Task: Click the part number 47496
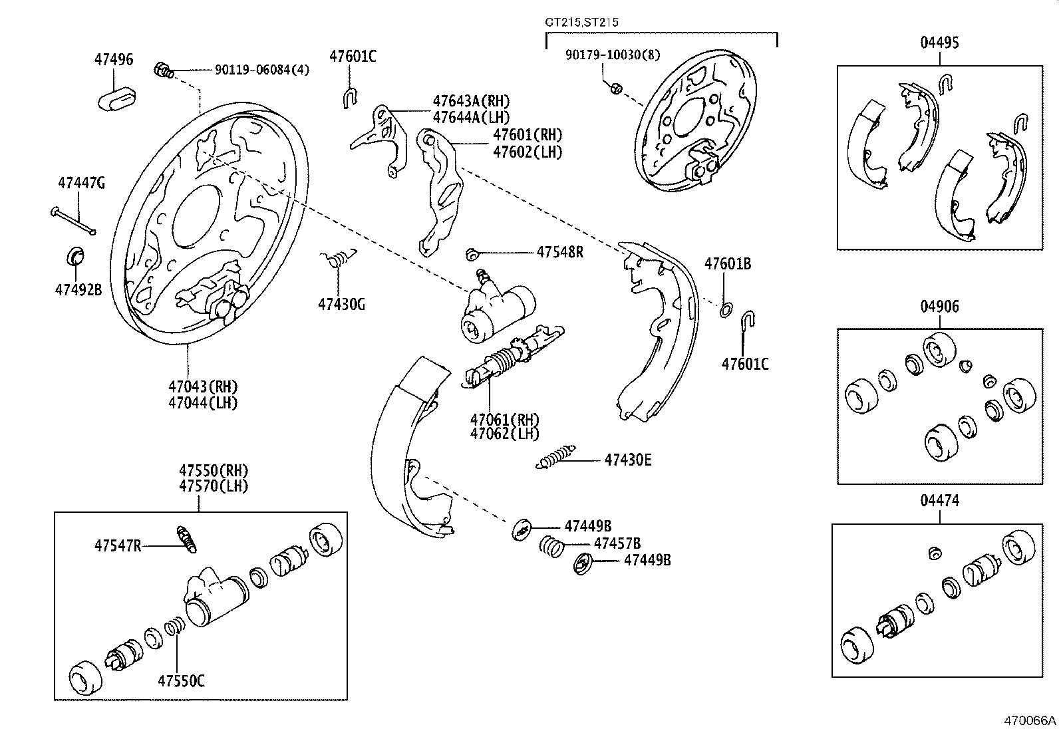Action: pyautogui.click(x=113, y=59)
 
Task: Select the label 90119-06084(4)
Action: pyautogui.click(x=261, y=70)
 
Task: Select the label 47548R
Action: pyautogui.click(x=559, y=252)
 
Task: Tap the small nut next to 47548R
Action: pyautogui.click(x=473, y=253)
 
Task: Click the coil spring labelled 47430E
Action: pyautogui.click(x=555, y=458)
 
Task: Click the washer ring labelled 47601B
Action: pyautogui.click(x=727, y=309)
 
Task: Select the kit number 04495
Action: pyautogui.click(x=939, y=43)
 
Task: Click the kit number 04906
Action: pyautogui.click(x=939, y=307)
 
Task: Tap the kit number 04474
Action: pyautogui.click(x=939, y=500)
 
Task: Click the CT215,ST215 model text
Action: pyautogui.click(x=581, y=22)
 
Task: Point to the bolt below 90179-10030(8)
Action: pyautogui.click(x=616, y=88)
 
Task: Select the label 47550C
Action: pyautogui.click(x=181, y=680)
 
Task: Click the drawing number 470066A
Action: pyautogui.click(x=1030, y=720)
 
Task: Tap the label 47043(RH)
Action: pyautogui.click(x=202, y=386)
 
